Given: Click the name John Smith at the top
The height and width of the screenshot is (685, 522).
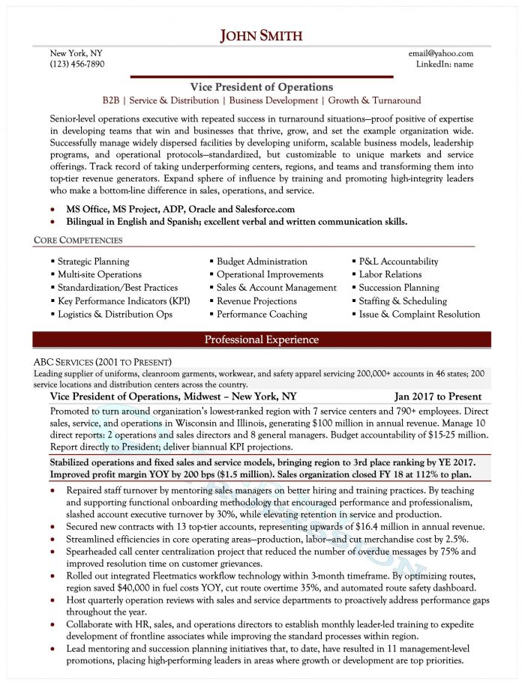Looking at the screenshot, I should [x=261, y=35].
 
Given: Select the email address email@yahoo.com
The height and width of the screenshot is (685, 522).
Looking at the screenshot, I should [x=441, y=53].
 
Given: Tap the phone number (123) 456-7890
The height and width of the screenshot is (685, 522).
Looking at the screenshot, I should [x=77, y=64].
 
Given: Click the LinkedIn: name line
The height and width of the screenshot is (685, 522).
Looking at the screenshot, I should [x=445, y=64].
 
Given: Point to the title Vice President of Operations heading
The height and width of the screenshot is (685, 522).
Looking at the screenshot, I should [x=261, y=87].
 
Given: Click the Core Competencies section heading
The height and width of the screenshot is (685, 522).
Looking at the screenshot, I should [x=78, y=241].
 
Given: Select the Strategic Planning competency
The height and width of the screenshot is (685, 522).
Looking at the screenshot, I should [x=93, y=262].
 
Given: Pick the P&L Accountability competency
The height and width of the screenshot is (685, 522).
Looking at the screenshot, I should [x=398, y=262].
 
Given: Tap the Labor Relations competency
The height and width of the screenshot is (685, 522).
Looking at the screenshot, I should [x=390, y=274].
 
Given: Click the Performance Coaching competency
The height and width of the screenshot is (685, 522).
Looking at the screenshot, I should [x=262, y=314].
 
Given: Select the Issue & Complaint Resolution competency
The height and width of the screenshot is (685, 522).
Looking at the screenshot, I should [x=419, y=314].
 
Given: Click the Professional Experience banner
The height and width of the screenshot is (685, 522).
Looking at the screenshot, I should [x=261, y=340].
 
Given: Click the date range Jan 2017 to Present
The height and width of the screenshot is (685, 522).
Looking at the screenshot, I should [x=438, y=396].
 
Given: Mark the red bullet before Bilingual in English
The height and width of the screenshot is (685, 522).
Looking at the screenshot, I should [x=52, y=222].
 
